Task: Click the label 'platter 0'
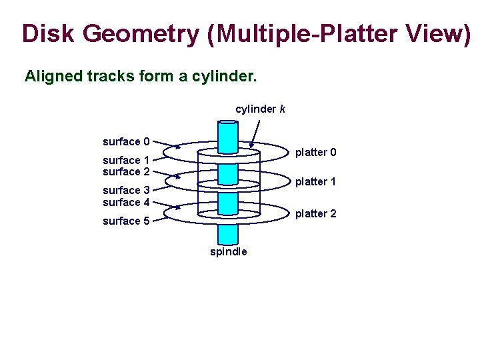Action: click(316, 153)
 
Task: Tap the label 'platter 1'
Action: click(316, 181)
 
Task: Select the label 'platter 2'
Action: click(316, 213)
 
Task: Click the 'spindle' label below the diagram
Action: click(229, 251)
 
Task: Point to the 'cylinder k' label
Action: click(261, 108)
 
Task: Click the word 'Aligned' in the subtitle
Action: click(52, 77)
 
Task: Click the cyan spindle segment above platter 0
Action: click(229, 137)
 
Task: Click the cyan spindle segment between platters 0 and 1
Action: click(229, 172)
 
